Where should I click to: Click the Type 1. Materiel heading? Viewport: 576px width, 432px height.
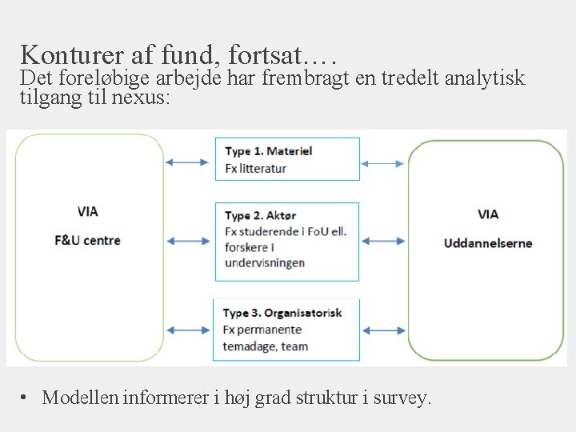click(x=268, y=151)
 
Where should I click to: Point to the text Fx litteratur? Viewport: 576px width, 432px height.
click(x=255, y=168)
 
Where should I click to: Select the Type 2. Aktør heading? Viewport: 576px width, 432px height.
click(x=261, y=216)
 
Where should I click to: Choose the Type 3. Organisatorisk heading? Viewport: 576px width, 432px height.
click(x=282, y=313)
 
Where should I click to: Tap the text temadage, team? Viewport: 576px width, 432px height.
click(x=266, y=346)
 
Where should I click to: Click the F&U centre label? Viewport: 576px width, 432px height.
click(x=88, y=240)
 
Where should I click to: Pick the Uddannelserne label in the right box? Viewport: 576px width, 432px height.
click(x=488, y=243)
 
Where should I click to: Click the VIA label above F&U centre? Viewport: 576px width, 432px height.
click(x=88, y=212)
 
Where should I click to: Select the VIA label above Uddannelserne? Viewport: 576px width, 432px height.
click(x=488, y=214)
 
